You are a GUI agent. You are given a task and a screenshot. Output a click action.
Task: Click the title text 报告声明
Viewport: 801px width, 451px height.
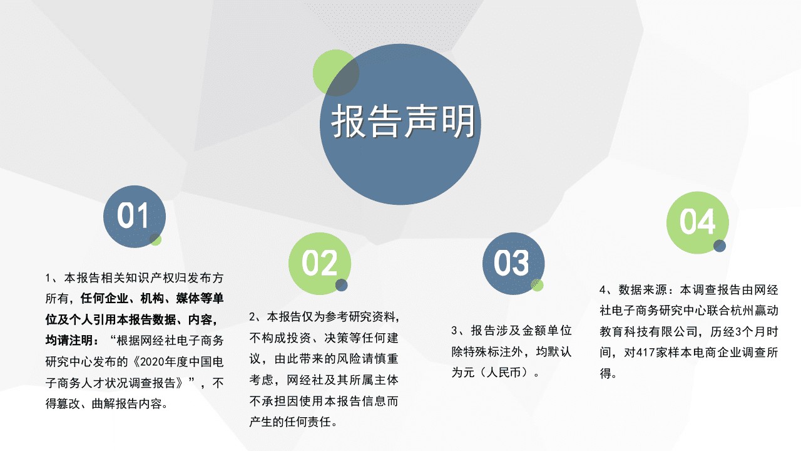click(403, 122)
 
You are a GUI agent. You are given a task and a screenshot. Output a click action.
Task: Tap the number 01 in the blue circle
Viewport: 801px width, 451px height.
click(133, 216)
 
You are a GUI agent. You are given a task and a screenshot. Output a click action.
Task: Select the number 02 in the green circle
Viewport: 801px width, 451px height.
click(319, 263)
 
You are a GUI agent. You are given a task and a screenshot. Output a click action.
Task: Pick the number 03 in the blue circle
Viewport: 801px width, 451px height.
click(511, 263)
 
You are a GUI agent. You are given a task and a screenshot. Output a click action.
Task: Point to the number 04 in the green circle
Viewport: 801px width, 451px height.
click(697, 222)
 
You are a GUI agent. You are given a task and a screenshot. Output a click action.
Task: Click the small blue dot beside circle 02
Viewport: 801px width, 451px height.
click(341, 286)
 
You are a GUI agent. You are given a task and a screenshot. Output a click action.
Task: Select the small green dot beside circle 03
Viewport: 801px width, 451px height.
click(537, 285)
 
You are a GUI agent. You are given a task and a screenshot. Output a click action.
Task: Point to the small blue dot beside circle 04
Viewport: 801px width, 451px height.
click(720, 246)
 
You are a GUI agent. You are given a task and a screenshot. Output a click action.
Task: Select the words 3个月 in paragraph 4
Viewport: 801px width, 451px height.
click(741, 331)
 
